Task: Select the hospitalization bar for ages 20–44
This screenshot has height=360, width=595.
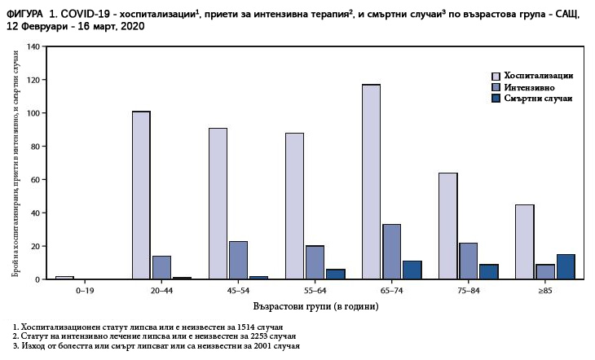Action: click(x=141, y=195)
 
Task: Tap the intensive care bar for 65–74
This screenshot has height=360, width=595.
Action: click(x=391, y=252)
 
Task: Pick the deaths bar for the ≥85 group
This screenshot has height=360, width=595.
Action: click(x=566, y=267)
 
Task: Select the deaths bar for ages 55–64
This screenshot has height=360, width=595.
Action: click(x=335, y=274)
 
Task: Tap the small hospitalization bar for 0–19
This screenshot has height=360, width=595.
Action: click(x=64, y=278)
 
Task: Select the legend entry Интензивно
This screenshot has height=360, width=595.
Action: click(x=529, y=86)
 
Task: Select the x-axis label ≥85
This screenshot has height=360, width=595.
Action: click(x=545, y=289)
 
